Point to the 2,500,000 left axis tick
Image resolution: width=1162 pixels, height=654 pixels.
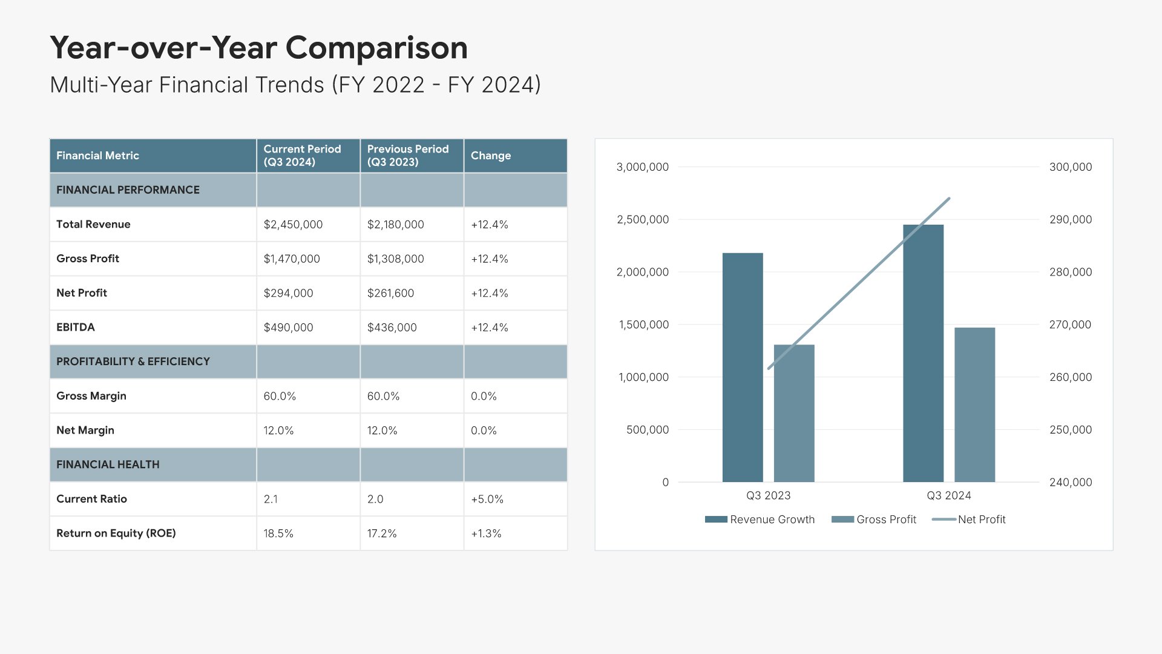coord(642,219)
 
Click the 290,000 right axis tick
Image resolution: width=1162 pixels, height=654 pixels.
coord(1070,219)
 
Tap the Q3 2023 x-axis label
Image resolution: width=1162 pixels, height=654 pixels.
coord(768,495)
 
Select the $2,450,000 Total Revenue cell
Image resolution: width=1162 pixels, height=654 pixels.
coord(293,225)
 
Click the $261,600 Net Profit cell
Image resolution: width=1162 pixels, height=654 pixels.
coord(390,293)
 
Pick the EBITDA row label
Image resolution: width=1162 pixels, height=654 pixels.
coord(76,327)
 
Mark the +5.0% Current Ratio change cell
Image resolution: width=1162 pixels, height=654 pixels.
coord(487,499)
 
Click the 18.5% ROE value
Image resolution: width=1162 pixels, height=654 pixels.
coord(278,533)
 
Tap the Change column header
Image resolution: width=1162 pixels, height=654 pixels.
coord(491,156)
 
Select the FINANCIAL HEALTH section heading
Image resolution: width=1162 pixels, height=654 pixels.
coord(108,464)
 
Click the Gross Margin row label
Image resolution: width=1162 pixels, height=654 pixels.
coord(91,396)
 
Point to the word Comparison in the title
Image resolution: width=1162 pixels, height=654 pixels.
coord(376,48)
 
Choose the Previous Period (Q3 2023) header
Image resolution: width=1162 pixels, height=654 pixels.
coord(408,156)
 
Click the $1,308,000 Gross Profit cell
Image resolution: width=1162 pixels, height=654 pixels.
coord(395,259)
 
